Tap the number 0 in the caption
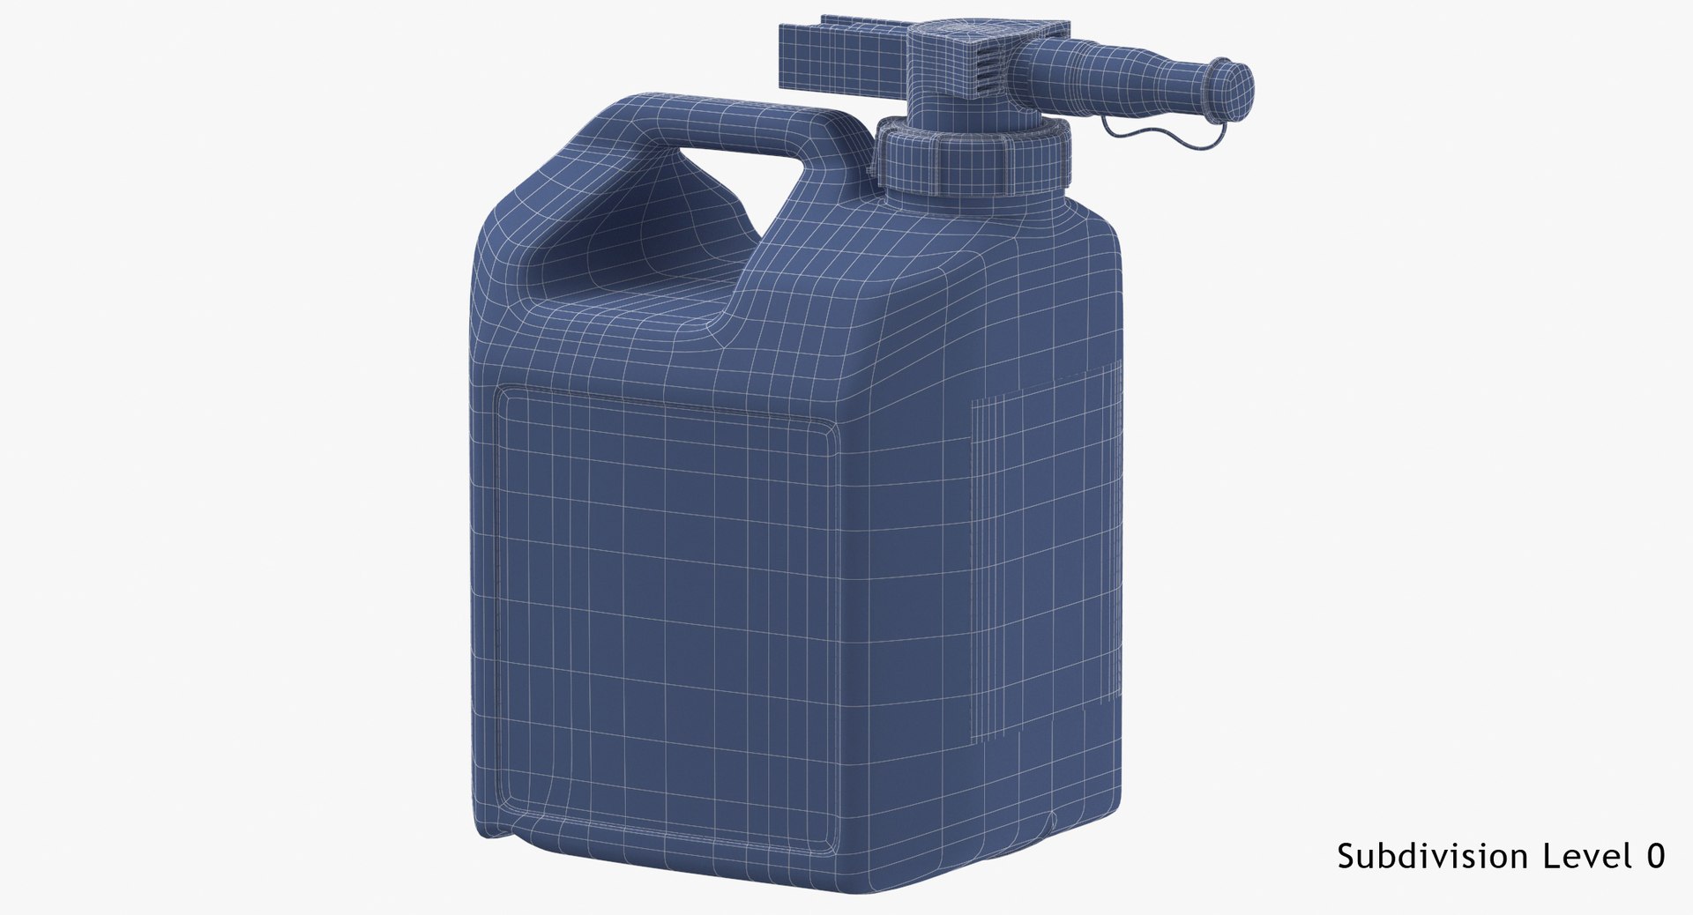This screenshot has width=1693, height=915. pyautogui.click(x=1654, y=855)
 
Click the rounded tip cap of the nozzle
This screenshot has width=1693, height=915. pyautogui.click(x=1231, y=89)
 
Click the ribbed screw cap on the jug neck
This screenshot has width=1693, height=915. pyautogui.click(x=974, y=159)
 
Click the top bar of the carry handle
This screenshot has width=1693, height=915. pyautogui.click(x=705, y=123)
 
